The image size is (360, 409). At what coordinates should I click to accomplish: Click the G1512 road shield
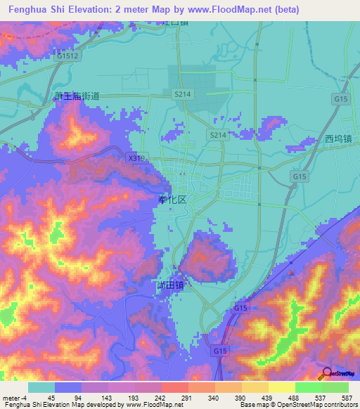click(x=68, y=55)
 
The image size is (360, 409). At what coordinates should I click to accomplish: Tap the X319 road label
click(x=136, y=159)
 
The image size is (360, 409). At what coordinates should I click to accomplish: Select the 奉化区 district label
click(x=172, y=200)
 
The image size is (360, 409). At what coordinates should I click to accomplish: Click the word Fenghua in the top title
click(x=30, y=10)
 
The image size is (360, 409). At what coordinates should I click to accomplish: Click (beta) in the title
click(x=281, y=10)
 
